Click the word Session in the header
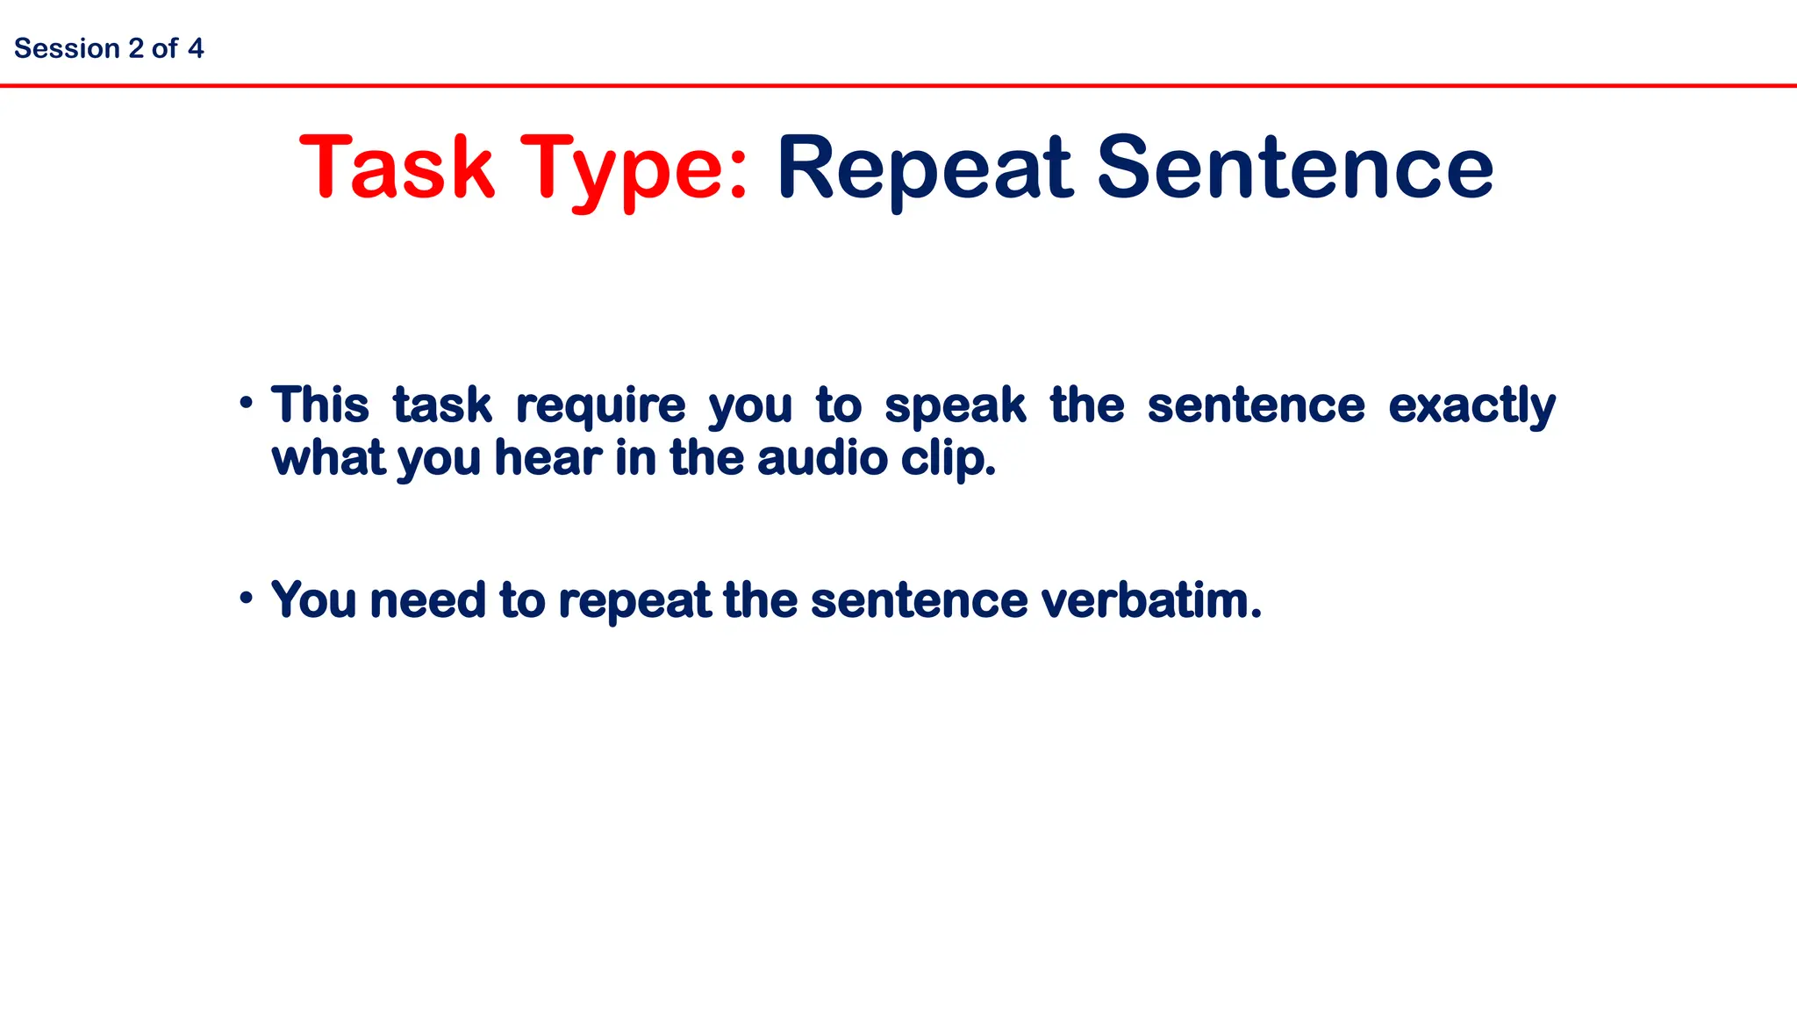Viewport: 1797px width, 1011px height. tap(67, 48)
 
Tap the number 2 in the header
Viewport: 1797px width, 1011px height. tap(135, 48)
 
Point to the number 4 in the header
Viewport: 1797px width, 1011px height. tap(196, 48)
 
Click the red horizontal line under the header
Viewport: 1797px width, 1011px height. tap(898, 85)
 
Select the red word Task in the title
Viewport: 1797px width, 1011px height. tap(397, 167)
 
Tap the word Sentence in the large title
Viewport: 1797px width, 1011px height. tap(1295, 167)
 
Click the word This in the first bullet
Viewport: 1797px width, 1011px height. tap(320, 405)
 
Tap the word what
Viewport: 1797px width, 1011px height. tap(328, 458)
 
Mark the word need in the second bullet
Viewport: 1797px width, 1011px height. tap(427, 600)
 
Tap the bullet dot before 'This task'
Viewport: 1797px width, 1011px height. tap(247, 404)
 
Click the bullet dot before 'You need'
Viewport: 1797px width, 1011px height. tap(247, 599)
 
